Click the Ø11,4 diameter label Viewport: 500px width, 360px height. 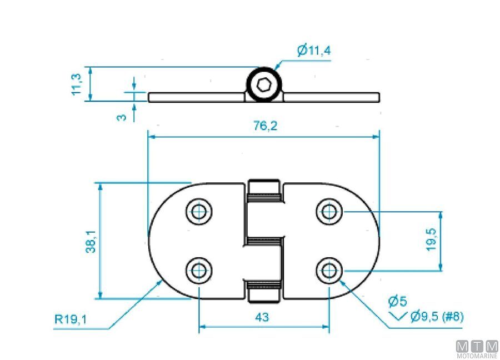click(314, 51)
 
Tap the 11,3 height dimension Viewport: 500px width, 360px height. click(77, 84)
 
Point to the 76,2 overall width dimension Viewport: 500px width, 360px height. click(264, 126)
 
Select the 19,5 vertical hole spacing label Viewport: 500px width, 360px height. click(432, 240)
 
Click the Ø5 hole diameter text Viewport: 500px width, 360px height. click(398, 302)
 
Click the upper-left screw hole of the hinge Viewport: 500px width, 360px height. click(199, 211)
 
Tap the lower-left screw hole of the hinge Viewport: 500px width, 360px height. click(199, 271)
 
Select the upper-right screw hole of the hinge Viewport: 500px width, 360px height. click(329, 211)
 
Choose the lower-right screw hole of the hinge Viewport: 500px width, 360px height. click(329, 271)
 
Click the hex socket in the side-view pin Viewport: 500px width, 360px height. click(264, 86)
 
